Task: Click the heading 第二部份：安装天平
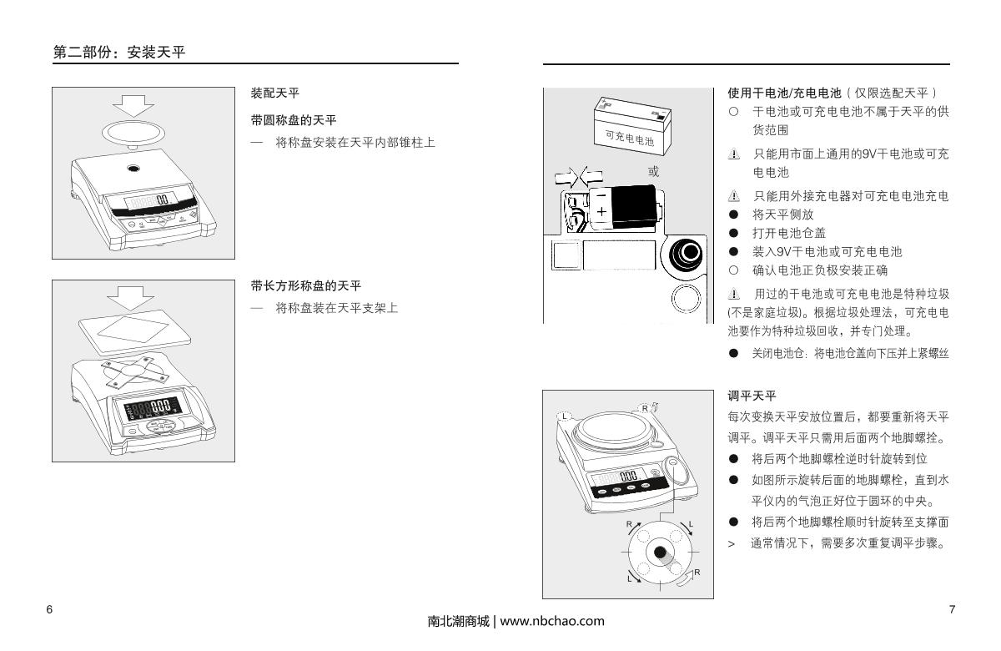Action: (118, 53)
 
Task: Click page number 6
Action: (49, 609)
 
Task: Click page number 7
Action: (953, 609)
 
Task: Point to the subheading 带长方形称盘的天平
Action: (305, 286)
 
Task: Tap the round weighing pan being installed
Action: (133, 131)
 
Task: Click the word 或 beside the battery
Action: (653, 172)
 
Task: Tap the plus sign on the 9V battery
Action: (601, 212)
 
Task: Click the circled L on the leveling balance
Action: (564, 416)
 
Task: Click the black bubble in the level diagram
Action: (661, 553)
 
